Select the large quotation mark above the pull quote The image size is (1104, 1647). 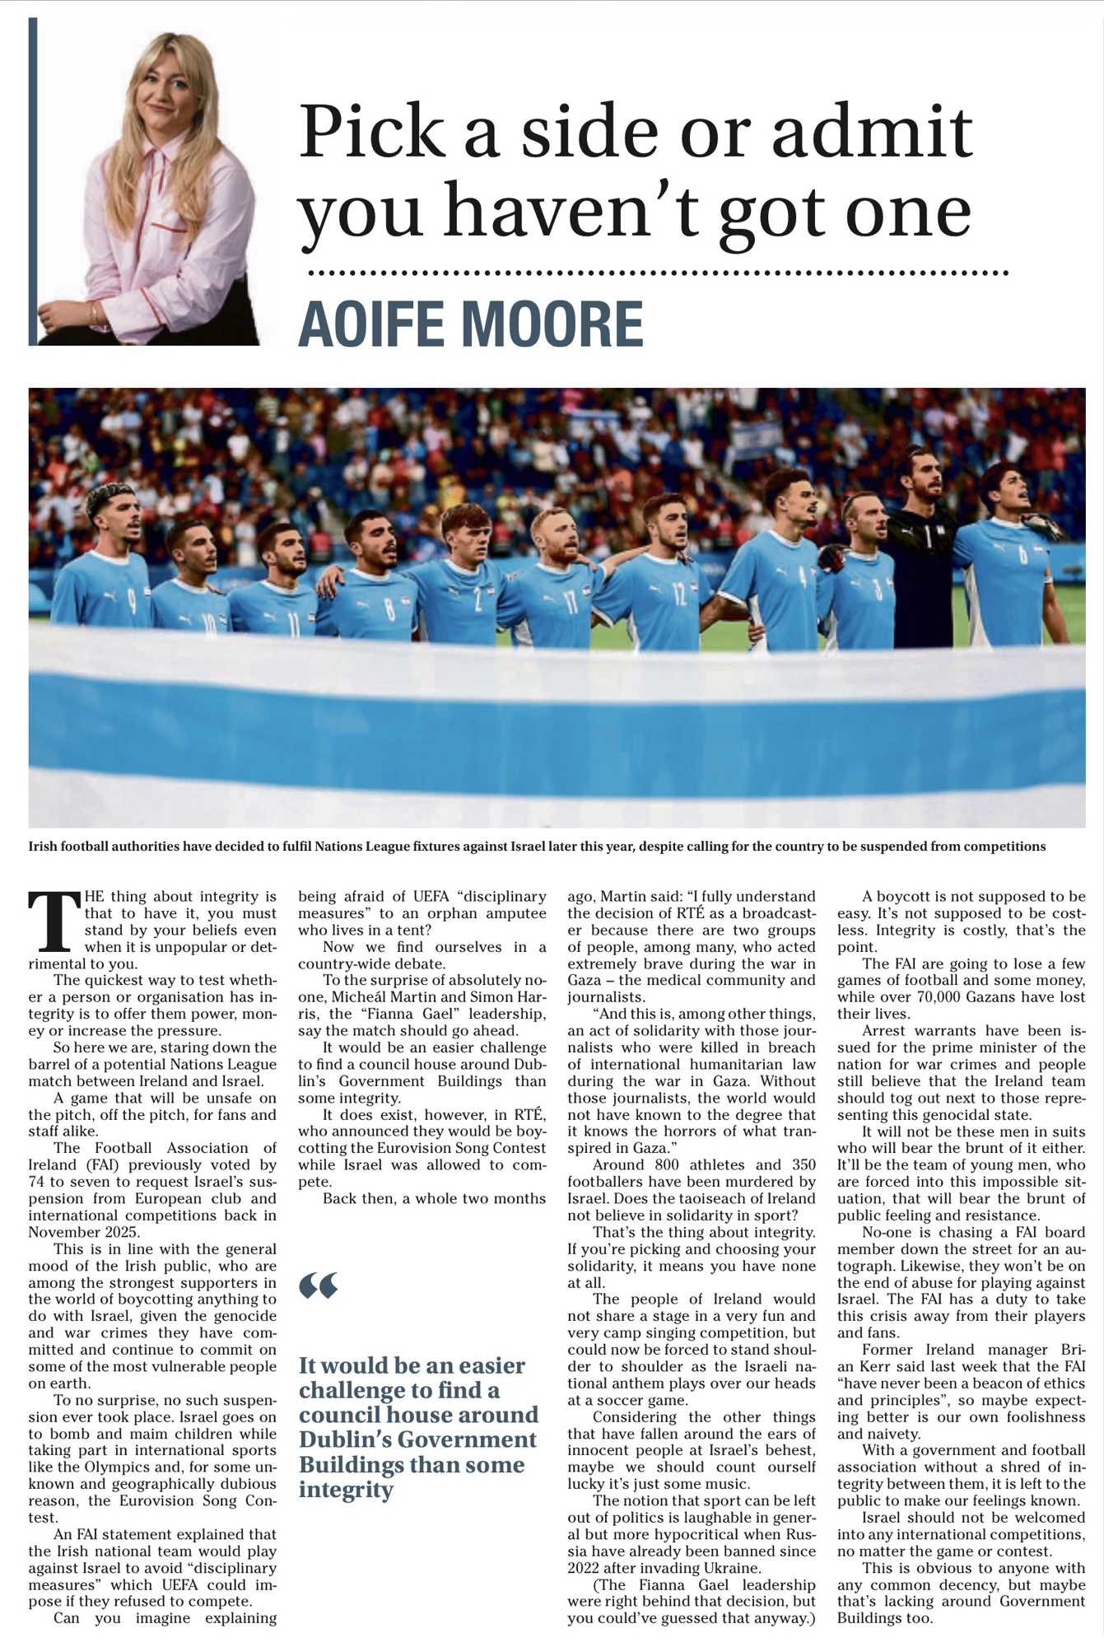(319, 1285)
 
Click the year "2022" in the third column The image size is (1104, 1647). (588, 1567)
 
